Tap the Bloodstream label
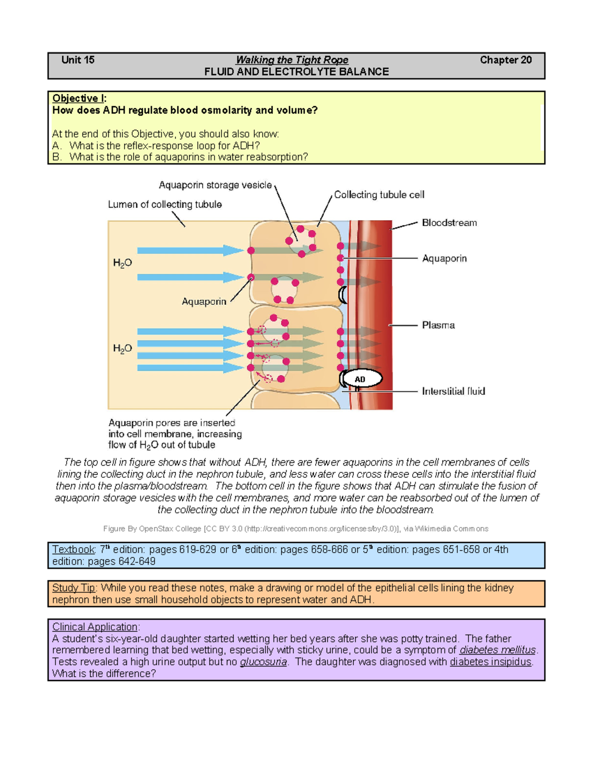click(449, 223)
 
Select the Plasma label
click(438, 325)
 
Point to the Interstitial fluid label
click(453, 391)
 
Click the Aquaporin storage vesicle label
click(215, 185)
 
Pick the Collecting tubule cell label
click(379, 195)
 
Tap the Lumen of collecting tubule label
click(165, 204)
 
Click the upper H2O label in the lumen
click(122, 263)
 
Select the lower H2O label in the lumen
click(122, 348)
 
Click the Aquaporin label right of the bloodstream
click(444, 258)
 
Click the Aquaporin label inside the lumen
click(204, 301)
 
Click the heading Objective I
click(79, 98)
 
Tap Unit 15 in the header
click(78, 60)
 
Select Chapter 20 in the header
click(506, 60)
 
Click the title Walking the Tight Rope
click(292, 60)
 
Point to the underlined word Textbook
click(73, 549)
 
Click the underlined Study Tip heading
click(74, 588)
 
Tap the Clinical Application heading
click(95, 627)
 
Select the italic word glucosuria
click(263, 662)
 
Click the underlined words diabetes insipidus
click(490, 662)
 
